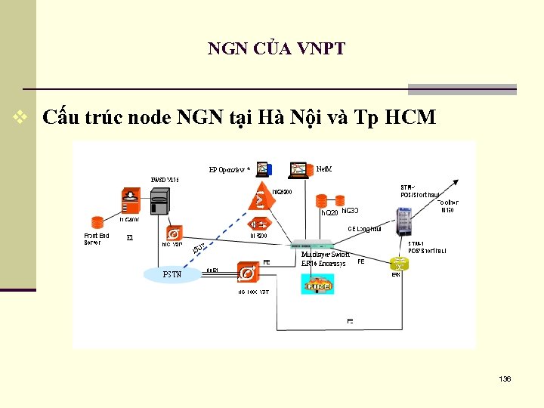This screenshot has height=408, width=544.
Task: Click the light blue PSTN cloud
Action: tap(172, 274)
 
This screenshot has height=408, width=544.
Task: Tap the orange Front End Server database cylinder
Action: tap(97, 223)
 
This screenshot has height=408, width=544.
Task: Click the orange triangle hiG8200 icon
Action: tap(260, 198)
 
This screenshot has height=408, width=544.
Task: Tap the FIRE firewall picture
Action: tap(318, 283)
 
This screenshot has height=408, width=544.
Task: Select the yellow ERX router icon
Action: tap(399, 264)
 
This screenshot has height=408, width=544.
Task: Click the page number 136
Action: tap(505, 379)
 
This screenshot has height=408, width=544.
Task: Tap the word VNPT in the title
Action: tap(321, 49)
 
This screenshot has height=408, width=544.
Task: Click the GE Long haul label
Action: tap(364, 229)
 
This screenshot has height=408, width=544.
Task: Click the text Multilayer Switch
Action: tap(326, 255)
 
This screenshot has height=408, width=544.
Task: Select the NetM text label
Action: tap(323, 168)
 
